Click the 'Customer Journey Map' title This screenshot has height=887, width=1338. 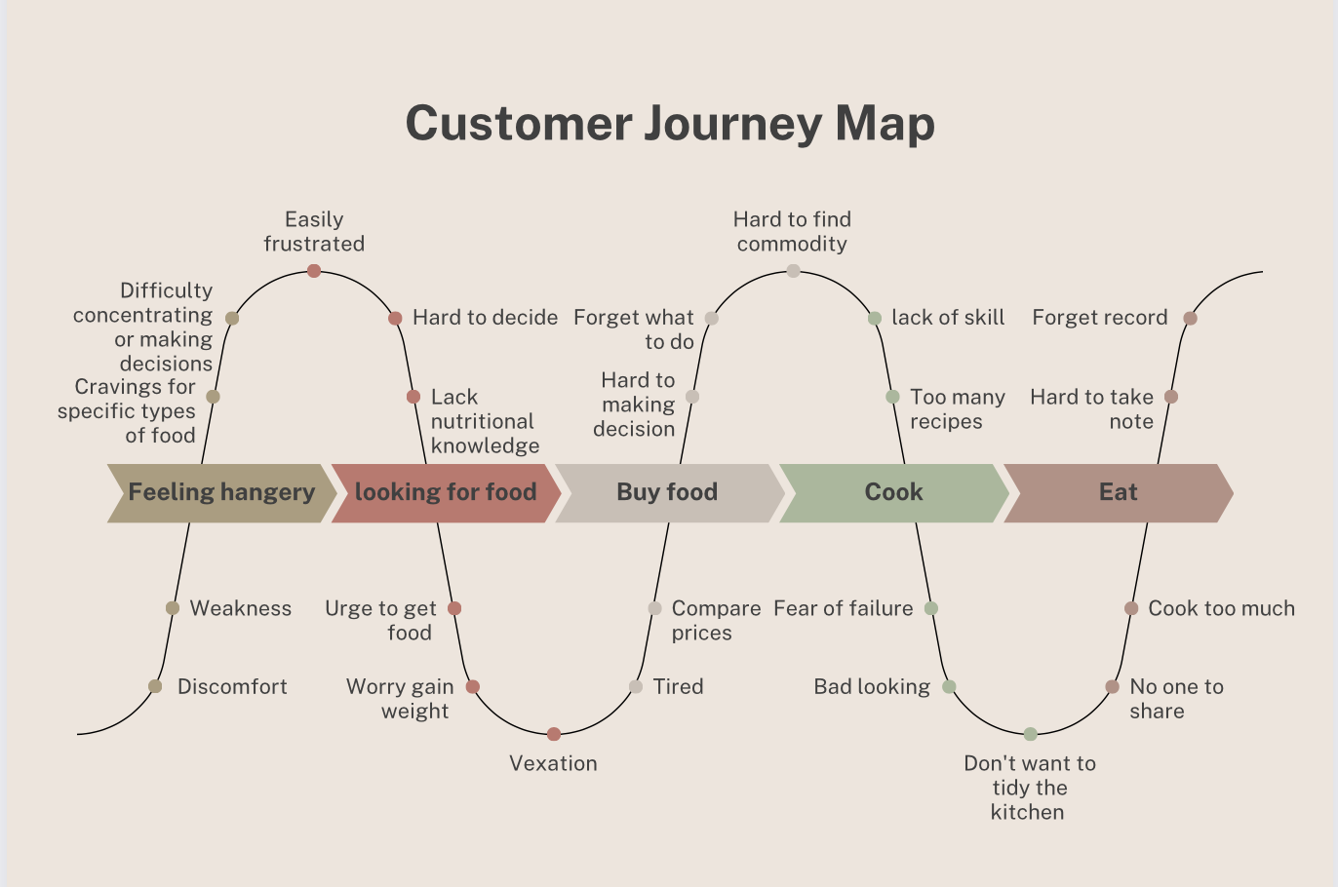click(x=670, y=124)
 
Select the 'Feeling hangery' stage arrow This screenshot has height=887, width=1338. click(x=221, y=493)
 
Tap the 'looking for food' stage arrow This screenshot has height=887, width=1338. click(x=446, y=493)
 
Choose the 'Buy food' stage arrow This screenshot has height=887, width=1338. click(x=668, y=493)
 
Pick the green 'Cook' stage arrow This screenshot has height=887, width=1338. click(x=893, y=493)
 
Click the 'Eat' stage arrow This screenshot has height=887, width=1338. click(x=1118, y=493)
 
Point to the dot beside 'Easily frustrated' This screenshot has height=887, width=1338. click(x=314, y=271)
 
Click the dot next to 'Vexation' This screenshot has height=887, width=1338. click(x=554, y=734)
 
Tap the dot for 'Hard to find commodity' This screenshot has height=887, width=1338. click(x=793, y=271)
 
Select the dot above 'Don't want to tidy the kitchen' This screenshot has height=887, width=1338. click(x=1030, y=734)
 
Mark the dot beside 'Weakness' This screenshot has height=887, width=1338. click(x=173, y=608)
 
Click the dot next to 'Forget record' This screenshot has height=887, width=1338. click(x=1190, y=318)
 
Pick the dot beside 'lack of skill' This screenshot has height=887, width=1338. click(x=875, y=318)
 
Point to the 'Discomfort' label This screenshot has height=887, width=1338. click(x=232, y=687)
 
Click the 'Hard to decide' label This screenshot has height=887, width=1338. click(x=485, y=318)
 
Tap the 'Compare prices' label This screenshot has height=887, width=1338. click(x=716, y=621)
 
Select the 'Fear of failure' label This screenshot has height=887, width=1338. click(x=844, y=609)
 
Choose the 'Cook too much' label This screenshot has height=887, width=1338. click(x=1221, y=609)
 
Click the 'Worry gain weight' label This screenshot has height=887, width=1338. click(x=400, y=699)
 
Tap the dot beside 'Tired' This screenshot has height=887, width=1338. click(x=636, y=687)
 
